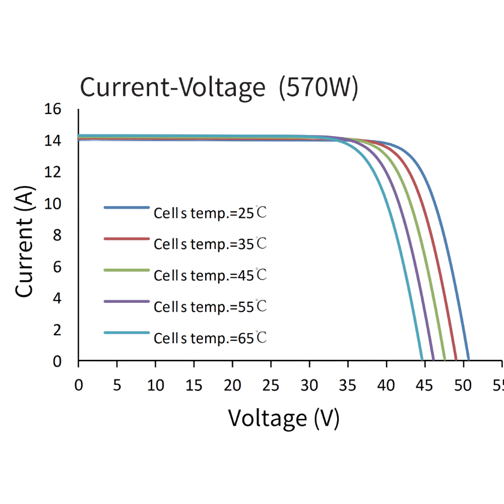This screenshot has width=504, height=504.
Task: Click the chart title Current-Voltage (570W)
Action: point(219,88)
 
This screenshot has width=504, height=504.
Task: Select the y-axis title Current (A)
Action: point(24,242)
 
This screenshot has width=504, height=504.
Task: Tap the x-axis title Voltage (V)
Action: point(284,418)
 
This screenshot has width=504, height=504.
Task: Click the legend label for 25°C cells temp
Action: point(210,213)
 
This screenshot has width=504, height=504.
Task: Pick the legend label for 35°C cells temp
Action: point(210,244)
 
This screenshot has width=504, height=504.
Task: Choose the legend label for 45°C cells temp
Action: point(210,275)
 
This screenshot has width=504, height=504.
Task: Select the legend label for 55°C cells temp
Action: point(210,306)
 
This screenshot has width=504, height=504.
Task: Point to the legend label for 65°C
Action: point(210,338)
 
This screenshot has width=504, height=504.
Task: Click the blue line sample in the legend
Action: point(127,207)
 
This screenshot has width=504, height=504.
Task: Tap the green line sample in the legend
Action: point(127,270)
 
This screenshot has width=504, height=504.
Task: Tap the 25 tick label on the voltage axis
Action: point(271,386)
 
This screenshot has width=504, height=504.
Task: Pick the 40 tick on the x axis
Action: point(387,386)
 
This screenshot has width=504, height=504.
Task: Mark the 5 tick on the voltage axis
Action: point(117,386)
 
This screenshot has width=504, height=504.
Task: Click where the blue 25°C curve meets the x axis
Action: point(469,360)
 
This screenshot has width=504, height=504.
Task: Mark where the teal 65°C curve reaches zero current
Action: point(422,360)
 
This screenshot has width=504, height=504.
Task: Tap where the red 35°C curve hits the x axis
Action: point(456,360)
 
